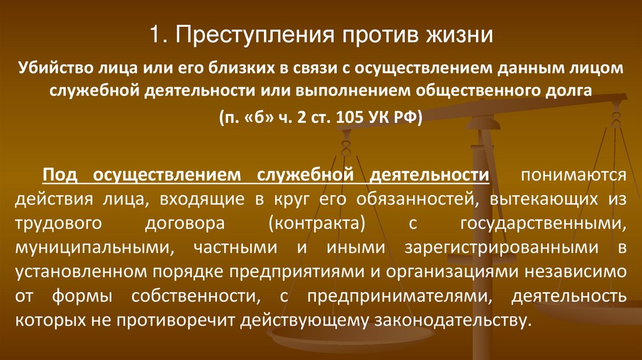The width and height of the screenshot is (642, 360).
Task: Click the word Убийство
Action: pos(55,68)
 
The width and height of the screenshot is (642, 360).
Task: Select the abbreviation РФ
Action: pos(409,117)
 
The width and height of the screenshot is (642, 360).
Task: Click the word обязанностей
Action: pos(409,199)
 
